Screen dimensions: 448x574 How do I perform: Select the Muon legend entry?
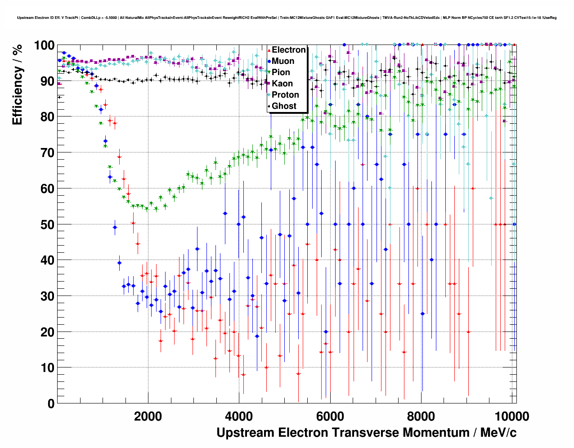point(283,61)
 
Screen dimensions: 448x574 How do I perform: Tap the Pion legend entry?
point(281,72)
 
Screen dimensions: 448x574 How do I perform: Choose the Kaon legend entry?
point(282,84)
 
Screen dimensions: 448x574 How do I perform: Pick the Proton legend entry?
point(285,95)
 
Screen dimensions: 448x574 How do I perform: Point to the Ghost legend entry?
point(284,106)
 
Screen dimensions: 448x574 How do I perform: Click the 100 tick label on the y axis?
point(44,45)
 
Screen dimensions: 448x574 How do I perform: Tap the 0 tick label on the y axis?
point(51,403)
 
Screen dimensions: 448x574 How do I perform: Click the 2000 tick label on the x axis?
point(148,416)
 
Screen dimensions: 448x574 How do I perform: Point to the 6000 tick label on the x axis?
point(330,416)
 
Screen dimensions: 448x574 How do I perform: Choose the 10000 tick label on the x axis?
point(511,416)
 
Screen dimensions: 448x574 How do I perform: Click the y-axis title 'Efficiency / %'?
point(17,85)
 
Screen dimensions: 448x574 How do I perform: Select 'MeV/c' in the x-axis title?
point(498,433)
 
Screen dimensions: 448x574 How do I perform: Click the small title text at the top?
point(287,18)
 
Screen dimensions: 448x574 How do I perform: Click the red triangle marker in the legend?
point(269,50)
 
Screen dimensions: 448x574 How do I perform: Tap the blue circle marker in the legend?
point(269,61)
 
